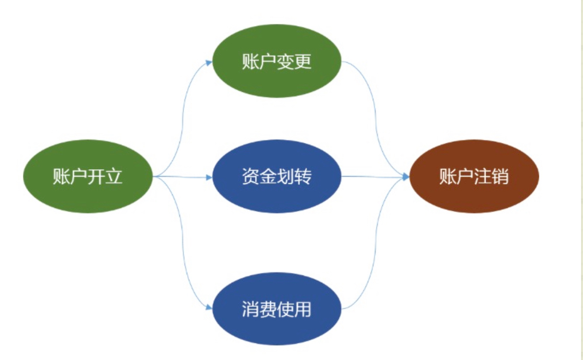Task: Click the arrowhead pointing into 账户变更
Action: click(x=209, y=62)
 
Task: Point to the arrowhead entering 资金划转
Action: click(x=209, y=177)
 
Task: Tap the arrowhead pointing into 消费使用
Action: click(x=209, y=308)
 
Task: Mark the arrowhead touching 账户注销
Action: click(x=405, y=177)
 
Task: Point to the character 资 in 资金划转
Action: click(x=250, y=177)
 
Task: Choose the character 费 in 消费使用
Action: click(x=268, y=310)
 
